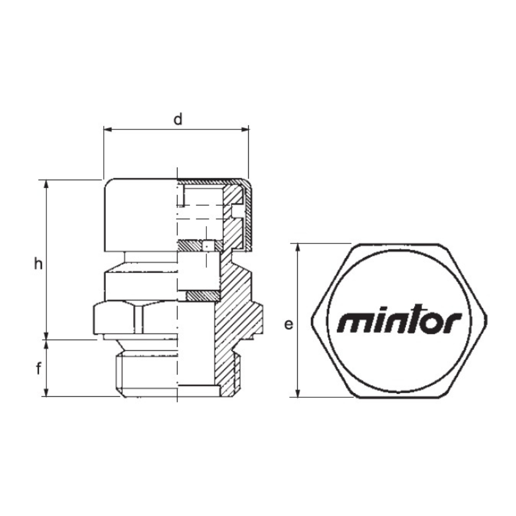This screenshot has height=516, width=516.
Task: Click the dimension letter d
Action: (x=178, y=120)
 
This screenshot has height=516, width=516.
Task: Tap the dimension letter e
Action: (x=289, y=325)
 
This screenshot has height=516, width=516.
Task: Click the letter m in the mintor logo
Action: (x=352, y=323)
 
